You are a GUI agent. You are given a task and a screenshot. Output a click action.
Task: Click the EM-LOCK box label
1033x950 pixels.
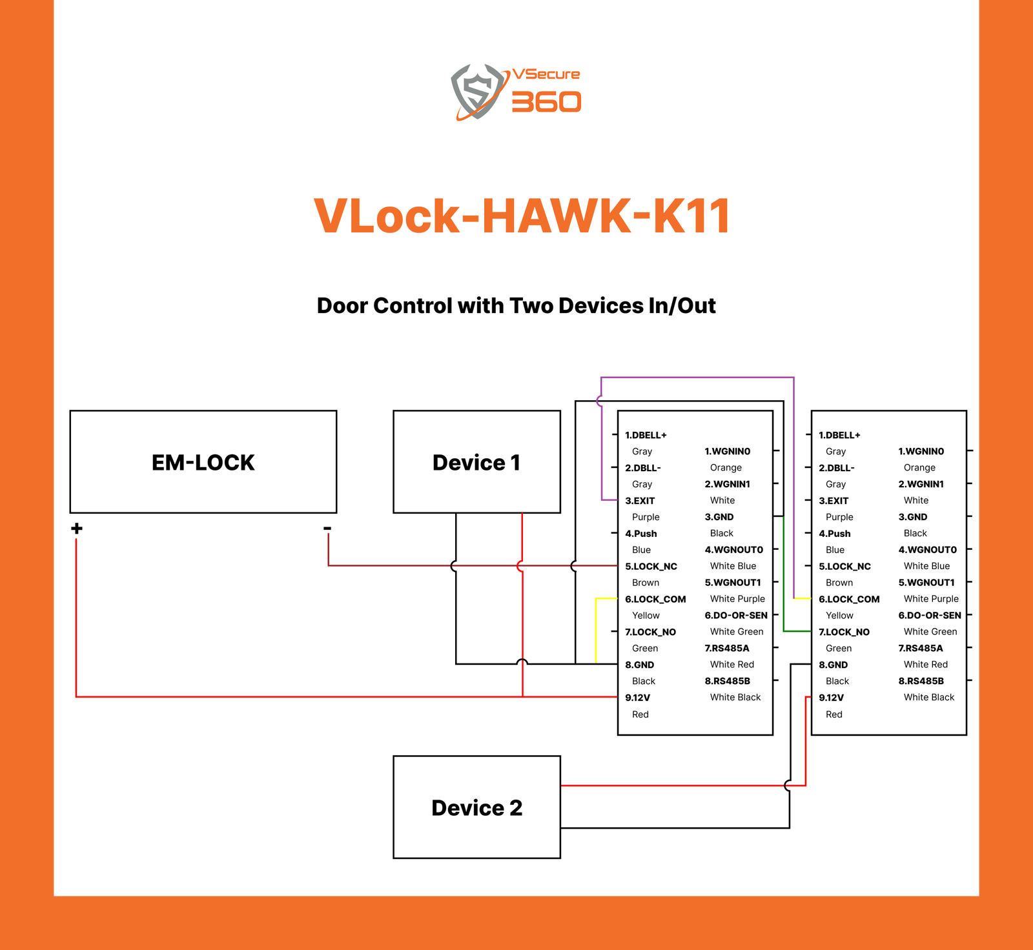pos(203,463)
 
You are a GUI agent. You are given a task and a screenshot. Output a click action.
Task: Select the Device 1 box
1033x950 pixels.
pos(476,462)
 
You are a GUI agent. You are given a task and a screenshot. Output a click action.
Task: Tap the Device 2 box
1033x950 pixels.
pos(476,807)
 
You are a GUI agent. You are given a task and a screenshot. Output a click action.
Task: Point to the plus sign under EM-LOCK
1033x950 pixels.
pos(77,529)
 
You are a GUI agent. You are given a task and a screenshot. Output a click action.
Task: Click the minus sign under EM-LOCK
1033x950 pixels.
pos(327,529)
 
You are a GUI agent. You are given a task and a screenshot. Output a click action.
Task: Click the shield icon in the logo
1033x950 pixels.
pos(477,91)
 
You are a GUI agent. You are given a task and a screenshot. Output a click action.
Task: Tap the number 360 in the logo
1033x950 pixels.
pos(546,102)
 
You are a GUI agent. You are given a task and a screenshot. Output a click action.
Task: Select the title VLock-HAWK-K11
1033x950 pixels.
pos(522,216)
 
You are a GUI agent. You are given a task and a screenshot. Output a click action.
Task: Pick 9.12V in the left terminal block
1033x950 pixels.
pos(637,698)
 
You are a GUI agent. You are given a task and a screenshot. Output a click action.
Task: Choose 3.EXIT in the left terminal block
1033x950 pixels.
pos(640,501)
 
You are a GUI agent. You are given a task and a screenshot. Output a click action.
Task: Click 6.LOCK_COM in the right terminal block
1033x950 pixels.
pos(849,599)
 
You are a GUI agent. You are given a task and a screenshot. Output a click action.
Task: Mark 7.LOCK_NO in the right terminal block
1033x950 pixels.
pos(844,632)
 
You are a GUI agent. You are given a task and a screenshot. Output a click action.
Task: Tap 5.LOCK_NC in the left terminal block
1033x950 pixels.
pos(651,567)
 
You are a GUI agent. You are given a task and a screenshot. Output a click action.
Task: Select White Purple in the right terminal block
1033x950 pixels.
pos(931,599)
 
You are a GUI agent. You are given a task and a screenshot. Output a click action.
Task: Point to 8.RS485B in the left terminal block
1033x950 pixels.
pos(727,681)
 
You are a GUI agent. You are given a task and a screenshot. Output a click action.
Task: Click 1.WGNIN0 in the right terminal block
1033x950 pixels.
pos(921,451)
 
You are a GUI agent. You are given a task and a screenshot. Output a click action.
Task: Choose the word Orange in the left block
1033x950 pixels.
pos(726,468)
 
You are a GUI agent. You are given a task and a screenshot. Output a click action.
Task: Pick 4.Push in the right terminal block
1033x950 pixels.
pos(834,534)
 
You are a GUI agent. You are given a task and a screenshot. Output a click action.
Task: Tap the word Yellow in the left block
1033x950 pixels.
pos(646,616)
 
